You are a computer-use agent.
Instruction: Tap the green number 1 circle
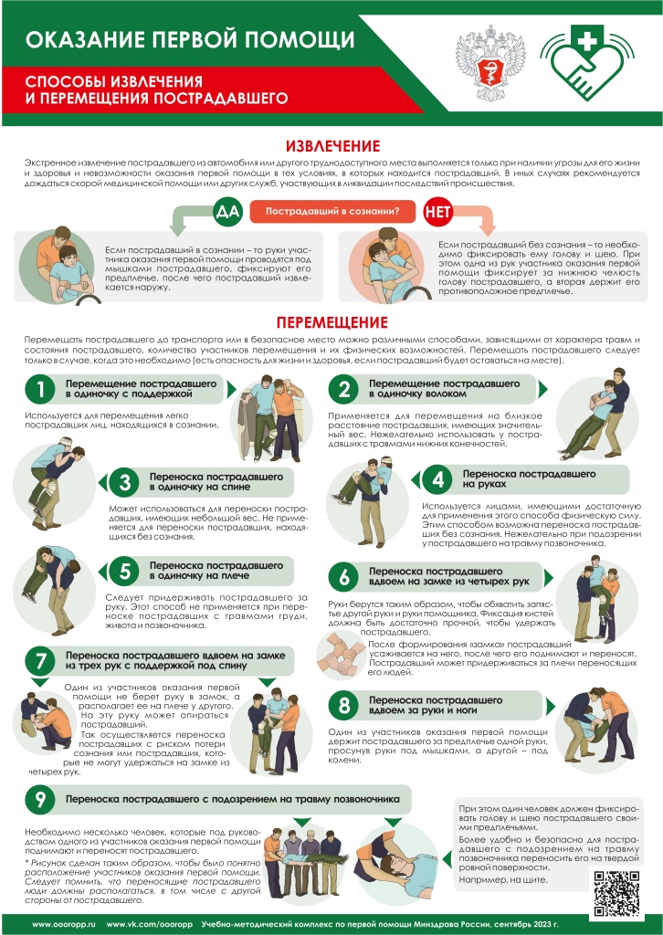40,390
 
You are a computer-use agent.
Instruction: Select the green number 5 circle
122,572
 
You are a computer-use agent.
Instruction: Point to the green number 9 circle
40,800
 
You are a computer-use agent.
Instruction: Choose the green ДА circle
226,212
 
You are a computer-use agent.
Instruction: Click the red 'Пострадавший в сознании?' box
331,212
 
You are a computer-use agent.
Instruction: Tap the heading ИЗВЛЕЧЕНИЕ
331,146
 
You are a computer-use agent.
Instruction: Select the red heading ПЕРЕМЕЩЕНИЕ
331,322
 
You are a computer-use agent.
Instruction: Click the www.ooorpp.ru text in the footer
64,924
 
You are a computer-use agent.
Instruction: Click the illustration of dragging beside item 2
594,416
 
